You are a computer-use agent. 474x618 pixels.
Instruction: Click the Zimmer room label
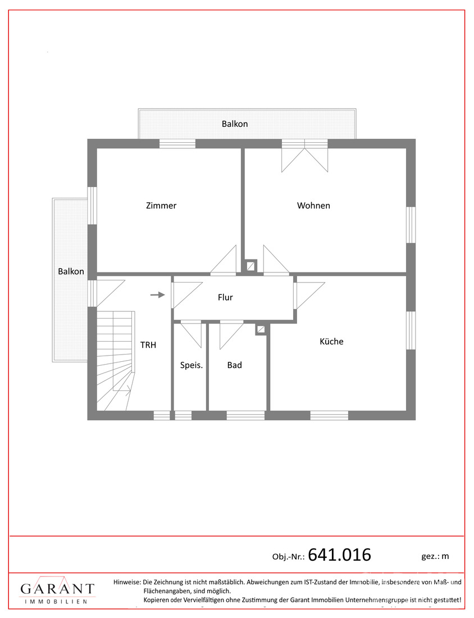[161, 205]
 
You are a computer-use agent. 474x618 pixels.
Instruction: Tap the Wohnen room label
[313, 205]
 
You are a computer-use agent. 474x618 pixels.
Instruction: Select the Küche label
[331, 342]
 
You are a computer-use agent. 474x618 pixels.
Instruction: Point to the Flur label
[225, 297]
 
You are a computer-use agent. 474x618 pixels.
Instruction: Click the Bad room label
[234, 365]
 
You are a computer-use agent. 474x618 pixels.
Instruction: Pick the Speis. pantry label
[192, 365]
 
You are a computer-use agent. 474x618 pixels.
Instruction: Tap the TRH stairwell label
[148, 345]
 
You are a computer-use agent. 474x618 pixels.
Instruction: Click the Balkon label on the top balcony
[235, 124]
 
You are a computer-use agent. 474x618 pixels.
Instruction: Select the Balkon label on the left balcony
[71, 271]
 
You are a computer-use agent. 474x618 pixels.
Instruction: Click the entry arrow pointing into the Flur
[158, 294]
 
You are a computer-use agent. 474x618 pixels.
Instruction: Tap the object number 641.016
[339, 555]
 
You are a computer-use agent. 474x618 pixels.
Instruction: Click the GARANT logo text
[57, 589]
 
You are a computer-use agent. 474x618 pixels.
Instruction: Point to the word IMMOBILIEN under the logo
[56, 602]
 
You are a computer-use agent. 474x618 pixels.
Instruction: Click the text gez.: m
[435, 557]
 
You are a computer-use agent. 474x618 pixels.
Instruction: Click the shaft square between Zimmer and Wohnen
[250, 266]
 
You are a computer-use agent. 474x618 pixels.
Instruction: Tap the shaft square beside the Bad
[261, 329]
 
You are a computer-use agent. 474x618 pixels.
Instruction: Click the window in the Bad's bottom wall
[245, 415]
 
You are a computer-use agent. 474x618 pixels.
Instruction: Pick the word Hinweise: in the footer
[127, 581]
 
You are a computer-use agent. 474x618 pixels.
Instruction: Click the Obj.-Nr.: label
[289, 557]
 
